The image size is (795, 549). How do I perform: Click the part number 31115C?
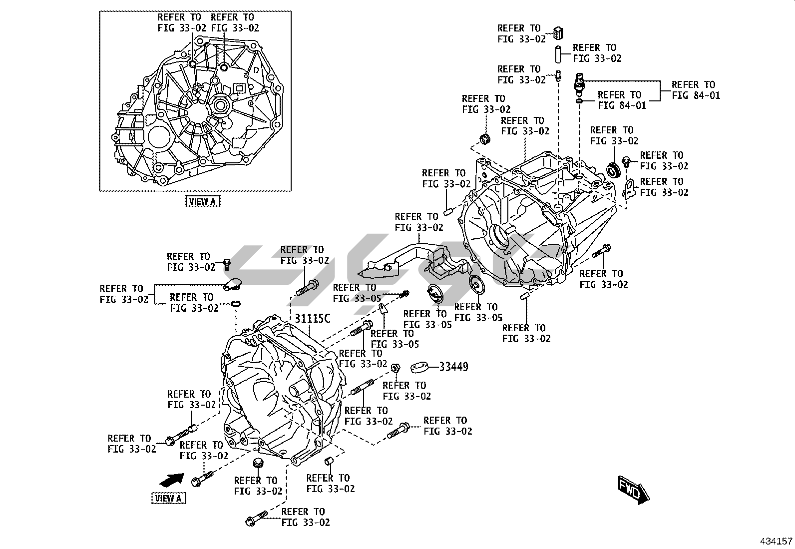pos(312,319)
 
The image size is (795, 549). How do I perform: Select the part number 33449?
pos(453,367)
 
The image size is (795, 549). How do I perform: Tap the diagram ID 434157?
pos(776,541)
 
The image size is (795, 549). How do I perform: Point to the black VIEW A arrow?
pos(172,480)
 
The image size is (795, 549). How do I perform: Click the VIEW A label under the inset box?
pos(203,201)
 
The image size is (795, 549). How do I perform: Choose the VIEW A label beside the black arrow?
pos(169,498)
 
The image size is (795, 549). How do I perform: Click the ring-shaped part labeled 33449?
pos(419,367)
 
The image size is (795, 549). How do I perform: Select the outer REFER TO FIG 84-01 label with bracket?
pos(696,90)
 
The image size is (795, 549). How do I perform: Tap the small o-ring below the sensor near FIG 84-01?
pos(579,101)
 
